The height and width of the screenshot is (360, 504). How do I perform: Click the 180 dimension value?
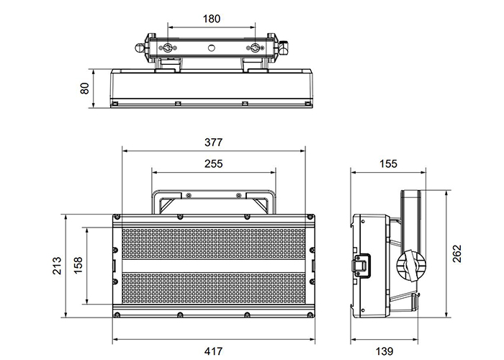[x=211, y=19]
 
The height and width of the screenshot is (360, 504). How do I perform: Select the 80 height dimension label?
[x=85, y=89]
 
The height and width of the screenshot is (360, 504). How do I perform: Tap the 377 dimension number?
[x=213, y=141]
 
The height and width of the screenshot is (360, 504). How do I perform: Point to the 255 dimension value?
[x=213, y=163]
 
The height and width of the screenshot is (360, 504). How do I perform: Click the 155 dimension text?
[x=387, y=163]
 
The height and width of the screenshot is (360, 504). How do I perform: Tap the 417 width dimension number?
[x=213, y=351]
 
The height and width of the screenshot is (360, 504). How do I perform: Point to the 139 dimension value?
[x=385, y=351]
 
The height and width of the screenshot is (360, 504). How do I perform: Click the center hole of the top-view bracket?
[x=212, y=48]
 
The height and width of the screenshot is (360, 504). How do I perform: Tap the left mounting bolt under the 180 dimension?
[x=168, y=48]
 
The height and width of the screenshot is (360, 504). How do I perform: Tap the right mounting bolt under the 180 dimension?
[x=255, y=48]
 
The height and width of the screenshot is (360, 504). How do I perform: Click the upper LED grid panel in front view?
[x=213, y=244]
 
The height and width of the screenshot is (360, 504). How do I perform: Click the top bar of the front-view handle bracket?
[x=213, y=193]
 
